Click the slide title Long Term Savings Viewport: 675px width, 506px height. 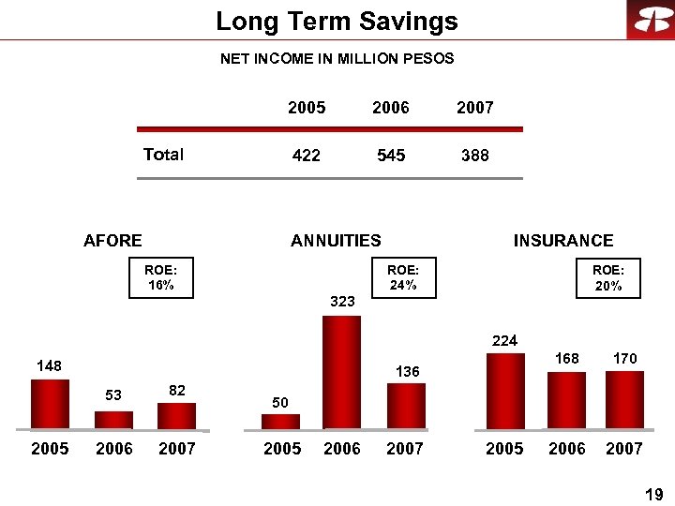point(337,22)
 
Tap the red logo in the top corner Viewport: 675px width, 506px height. point(650,20)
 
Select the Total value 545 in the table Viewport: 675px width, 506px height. point(391,156)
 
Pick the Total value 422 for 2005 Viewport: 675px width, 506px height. point(307,156)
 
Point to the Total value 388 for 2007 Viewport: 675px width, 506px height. point(475,156)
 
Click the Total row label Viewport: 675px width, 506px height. point(163,155)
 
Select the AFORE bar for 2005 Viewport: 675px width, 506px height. point(50,404)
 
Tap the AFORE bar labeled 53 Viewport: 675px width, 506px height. point(113,419)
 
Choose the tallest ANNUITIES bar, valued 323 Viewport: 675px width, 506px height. point(341,372)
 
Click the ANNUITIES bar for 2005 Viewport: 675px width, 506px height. point(280,421)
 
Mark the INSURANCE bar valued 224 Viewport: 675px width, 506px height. point(505,391)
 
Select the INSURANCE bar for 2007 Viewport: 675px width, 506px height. point(624,400)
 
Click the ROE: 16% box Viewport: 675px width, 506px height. point(160,278)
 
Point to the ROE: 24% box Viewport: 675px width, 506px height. point(403,278)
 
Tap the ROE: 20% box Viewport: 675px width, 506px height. point(608,278)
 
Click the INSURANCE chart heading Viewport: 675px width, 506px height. point(562,241)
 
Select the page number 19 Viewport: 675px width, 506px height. point(654,494)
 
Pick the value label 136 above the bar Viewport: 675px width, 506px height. point(407,372)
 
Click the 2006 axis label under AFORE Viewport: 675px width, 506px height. point(114,449)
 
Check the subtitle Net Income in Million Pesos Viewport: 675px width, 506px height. point(337,59)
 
